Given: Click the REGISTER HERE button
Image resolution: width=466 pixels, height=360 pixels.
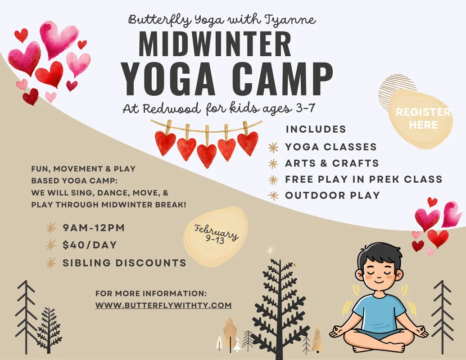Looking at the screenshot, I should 422,118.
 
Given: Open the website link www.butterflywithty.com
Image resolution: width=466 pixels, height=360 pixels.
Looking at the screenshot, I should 163,305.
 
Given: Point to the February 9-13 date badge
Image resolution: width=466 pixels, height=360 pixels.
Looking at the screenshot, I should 216,236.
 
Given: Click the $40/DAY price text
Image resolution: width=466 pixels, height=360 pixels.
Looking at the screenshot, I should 90,245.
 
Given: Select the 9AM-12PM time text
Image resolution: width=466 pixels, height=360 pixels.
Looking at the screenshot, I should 94,228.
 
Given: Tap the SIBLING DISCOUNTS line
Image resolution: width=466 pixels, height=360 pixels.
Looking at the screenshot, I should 124,263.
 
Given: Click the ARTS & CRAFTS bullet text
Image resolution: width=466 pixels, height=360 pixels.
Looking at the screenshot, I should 332,163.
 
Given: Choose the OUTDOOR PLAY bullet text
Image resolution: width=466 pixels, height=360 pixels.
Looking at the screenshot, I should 332,195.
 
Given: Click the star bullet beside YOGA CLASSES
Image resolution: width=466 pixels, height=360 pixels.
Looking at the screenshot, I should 273,147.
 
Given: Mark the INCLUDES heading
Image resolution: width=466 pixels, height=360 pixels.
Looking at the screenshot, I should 316,129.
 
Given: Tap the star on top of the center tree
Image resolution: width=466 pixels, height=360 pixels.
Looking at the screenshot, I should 271,250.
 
